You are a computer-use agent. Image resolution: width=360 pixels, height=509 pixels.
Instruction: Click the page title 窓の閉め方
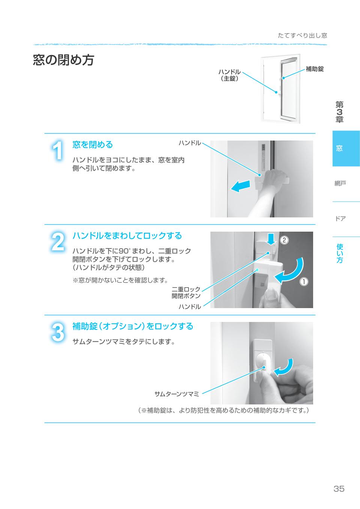click(63, 60)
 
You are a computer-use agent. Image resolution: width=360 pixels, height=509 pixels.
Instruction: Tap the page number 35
click(339, 489)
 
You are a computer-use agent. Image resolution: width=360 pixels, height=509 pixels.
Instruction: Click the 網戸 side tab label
click(340, 183)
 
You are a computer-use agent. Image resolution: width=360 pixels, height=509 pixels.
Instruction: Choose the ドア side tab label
click(340, 219)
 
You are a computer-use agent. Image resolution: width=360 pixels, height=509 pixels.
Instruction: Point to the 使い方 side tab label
click(340, 253)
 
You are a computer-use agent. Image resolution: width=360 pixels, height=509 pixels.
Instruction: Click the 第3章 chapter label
click(339, 112)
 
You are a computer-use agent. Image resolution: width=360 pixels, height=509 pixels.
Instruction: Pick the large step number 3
click(57, 332)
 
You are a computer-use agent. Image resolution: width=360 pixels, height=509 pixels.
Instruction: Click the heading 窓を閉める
click(93, 145)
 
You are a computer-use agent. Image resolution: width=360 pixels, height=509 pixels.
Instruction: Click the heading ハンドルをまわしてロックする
click(127, 236)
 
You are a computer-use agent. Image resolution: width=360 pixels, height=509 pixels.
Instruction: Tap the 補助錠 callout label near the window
click(315, 69)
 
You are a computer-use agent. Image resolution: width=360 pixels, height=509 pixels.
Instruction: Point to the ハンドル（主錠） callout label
click(229, 75)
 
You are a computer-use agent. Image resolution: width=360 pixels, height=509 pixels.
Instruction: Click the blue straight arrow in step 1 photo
click(240, 186)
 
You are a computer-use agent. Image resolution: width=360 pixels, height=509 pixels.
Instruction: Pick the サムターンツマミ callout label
click(177, 394)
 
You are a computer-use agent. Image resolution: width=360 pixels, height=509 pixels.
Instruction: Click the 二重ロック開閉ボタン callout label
click(186, 292)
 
